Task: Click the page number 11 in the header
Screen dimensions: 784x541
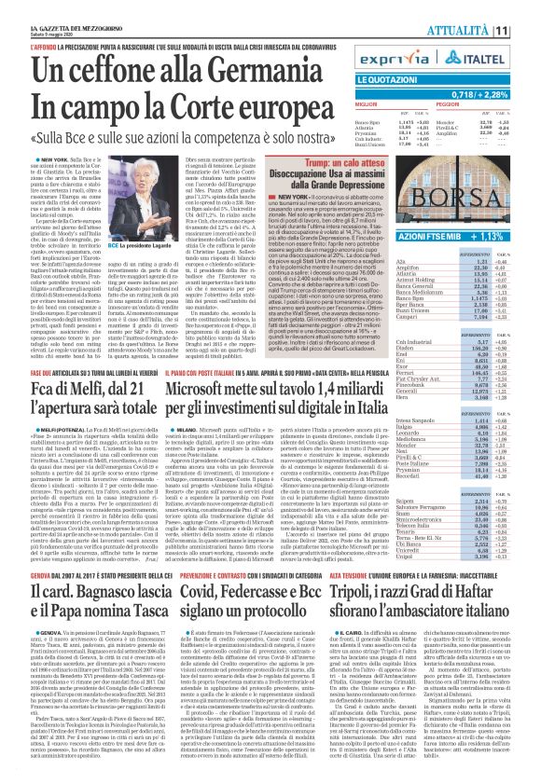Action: pos(527,12)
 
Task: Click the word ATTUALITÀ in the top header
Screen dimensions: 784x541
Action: pos(485,12)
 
